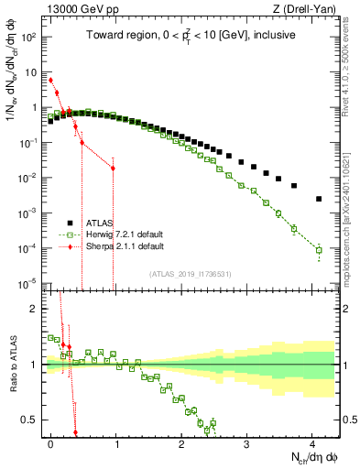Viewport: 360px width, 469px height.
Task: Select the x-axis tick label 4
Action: coord(311,442)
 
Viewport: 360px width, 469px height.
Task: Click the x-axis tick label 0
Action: coord(51,442)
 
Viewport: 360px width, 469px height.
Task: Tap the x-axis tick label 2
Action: coord(181,442)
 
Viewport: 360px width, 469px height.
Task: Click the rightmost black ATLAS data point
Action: coord(319,199)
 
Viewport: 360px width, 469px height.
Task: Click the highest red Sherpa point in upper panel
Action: coord(51,81)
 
